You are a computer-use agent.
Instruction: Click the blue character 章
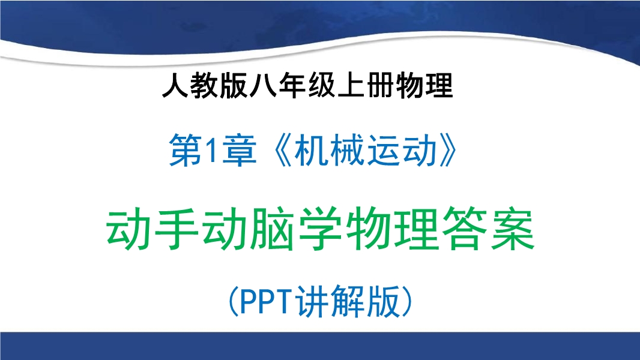click(x=240, y=150)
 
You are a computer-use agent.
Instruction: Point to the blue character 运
click(x=384, y=150)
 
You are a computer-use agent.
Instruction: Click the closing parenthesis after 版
click(x=407, y=302)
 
